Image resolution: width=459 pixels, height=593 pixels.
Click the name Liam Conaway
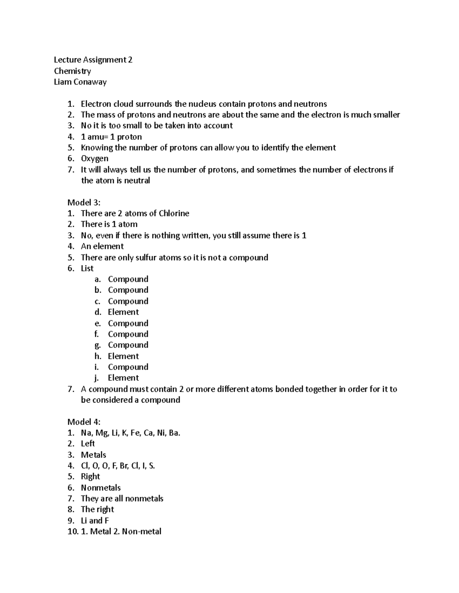tap(80, 82)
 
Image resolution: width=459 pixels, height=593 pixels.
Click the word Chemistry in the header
tap(72, 71)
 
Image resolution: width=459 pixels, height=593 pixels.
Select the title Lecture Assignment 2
tap(93, 60)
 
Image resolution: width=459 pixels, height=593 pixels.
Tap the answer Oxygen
tap(94, 158)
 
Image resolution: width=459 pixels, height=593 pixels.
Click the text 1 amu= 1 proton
tap(111, 137)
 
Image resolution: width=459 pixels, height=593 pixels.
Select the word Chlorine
tap(174, 213)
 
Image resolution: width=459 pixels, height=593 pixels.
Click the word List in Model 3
tap(87, 268)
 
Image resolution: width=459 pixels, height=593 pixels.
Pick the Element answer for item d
tap(123, 312)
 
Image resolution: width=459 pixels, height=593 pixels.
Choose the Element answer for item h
tap(123, 356)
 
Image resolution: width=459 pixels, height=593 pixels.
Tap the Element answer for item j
tap(123, 378)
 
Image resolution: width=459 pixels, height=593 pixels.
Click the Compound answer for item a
tap(128, 279)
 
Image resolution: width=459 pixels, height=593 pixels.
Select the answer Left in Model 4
tap(88, 444)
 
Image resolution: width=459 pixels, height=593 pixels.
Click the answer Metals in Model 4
tap(93, 455)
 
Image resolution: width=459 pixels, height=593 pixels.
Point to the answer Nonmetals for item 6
tap(101, 488)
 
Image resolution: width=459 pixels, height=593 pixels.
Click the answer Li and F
tap(95, 520)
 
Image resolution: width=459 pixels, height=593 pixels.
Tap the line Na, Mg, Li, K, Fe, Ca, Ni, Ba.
tap(130, 433)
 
